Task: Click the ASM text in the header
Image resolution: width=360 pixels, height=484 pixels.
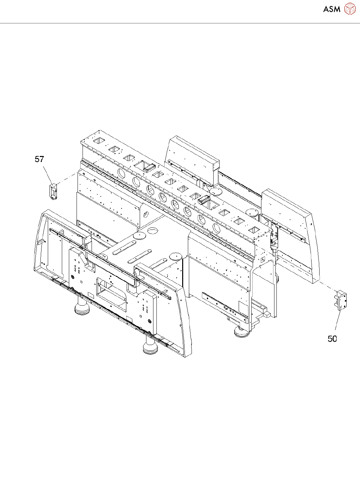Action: [x=332, y=9]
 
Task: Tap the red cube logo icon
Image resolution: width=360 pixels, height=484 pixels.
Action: [x=350, y=9]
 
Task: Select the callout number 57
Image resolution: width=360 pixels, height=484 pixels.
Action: [x=39, y=159]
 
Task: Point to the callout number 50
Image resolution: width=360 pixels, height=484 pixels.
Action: [x=332, y=339]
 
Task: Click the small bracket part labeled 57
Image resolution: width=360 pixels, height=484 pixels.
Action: [x=53, y=192]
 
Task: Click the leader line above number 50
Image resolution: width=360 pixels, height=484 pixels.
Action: [x=338, y=322]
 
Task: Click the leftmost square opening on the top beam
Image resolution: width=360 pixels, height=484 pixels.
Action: [x=99, y=141]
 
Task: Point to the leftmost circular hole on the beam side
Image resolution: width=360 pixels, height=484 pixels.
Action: [x=122, y=173]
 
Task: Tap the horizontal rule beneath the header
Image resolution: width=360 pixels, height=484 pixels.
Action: [x=180, y=23]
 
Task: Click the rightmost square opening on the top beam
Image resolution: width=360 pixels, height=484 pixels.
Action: [x=254, y=230]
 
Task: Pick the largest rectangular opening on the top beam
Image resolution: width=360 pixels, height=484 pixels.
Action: [x=143, y=165]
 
